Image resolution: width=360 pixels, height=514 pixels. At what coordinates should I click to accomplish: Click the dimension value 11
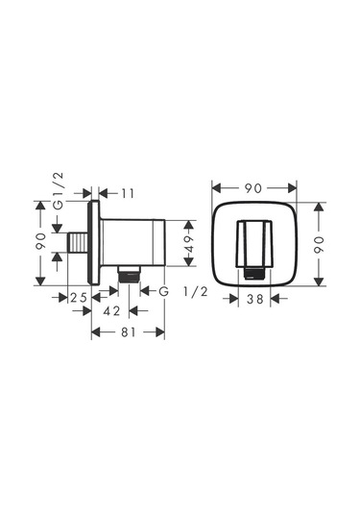tap(128, 194)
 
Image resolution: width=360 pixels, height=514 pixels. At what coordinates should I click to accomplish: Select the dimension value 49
tap(189, 243)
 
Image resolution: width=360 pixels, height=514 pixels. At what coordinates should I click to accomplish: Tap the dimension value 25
tap(79, 298)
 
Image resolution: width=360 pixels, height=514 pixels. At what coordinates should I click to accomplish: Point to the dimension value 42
tap(111, 310)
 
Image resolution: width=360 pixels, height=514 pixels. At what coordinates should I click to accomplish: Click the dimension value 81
tap(128, 332)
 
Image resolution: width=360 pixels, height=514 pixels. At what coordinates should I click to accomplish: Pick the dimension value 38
tap(254, 299)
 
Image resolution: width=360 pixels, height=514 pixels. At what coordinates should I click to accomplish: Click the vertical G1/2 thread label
tap(59, 191)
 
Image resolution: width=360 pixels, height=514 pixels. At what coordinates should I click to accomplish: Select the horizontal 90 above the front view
tap(253, 188)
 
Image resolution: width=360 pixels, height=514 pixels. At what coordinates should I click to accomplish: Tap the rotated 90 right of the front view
tap(319, 245)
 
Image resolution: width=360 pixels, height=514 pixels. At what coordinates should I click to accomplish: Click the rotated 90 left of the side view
tap(40, 241)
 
